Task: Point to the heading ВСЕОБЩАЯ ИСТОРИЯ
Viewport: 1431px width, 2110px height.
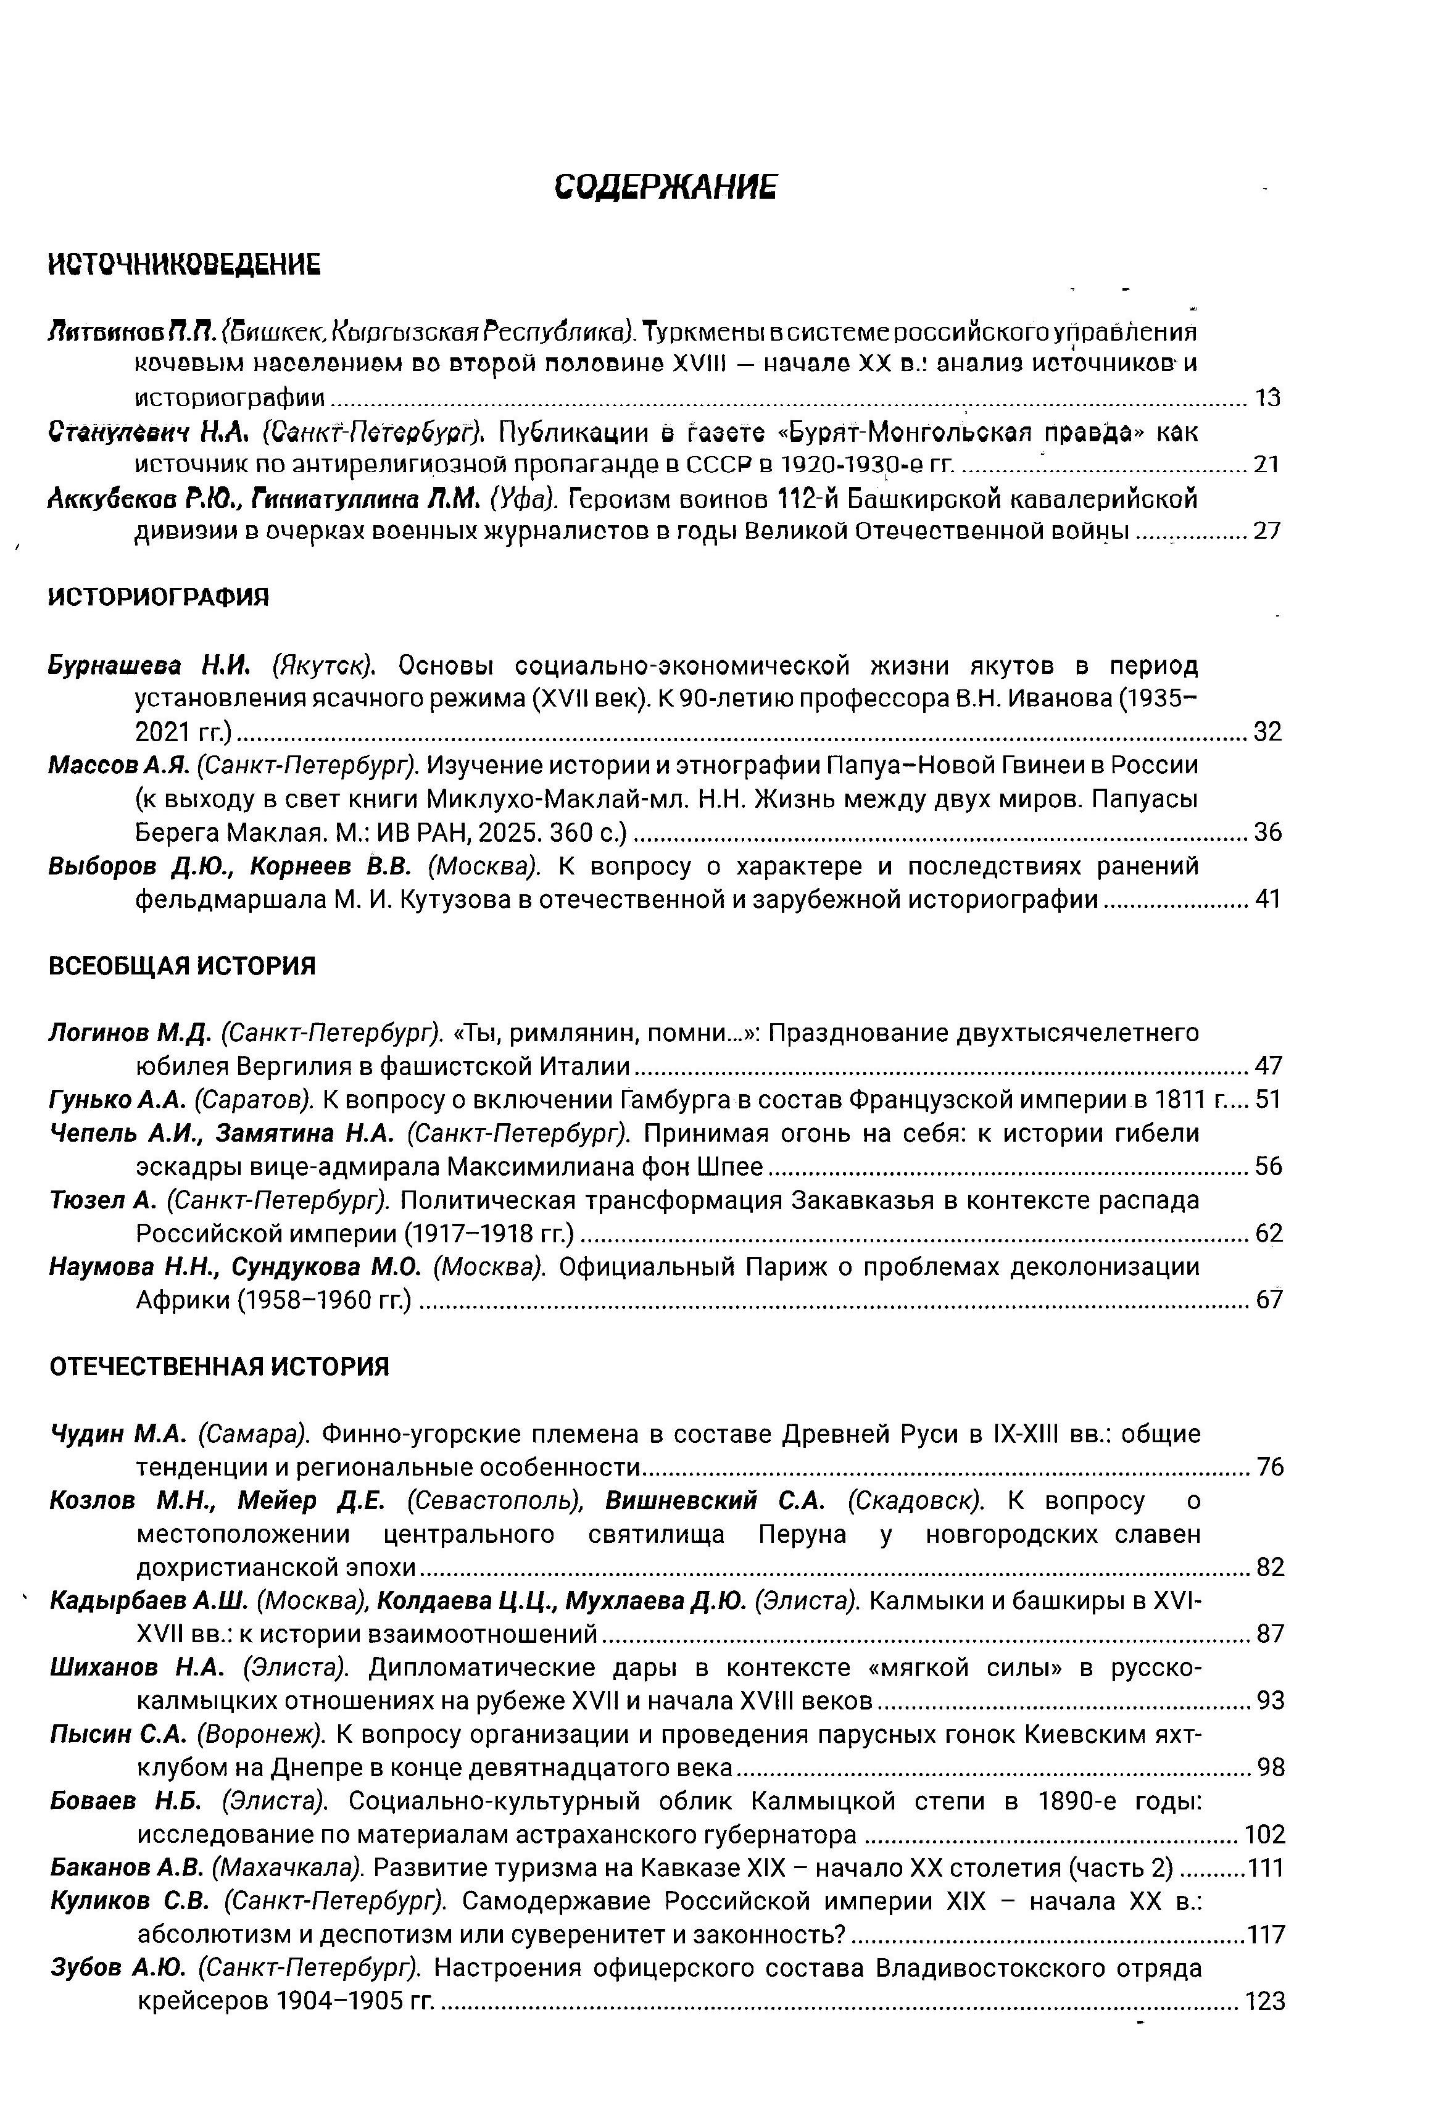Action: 181,965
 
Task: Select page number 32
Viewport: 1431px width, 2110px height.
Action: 1267,731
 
